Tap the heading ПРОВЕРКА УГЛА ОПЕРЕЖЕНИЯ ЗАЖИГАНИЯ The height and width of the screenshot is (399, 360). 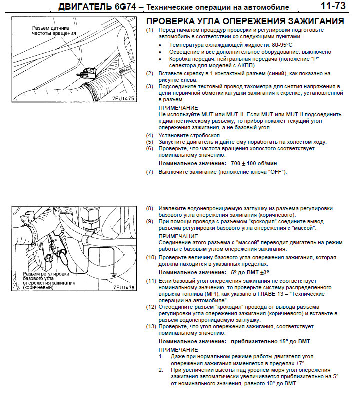tap(244, 21)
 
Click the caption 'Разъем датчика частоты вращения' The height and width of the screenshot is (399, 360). tap(54, 31)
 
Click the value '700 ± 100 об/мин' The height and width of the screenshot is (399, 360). tap(254, 163)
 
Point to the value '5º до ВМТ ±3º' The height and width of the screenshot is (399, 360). tap(249, 273)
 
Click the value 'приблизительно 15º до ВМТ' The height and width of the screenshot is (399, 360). tap(270, 341)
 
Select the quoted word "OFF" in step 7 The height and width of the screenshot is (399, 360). tap(275, 172)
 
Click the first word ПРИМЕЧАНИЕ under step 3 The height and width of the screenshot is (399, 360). tap(178, 108)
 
